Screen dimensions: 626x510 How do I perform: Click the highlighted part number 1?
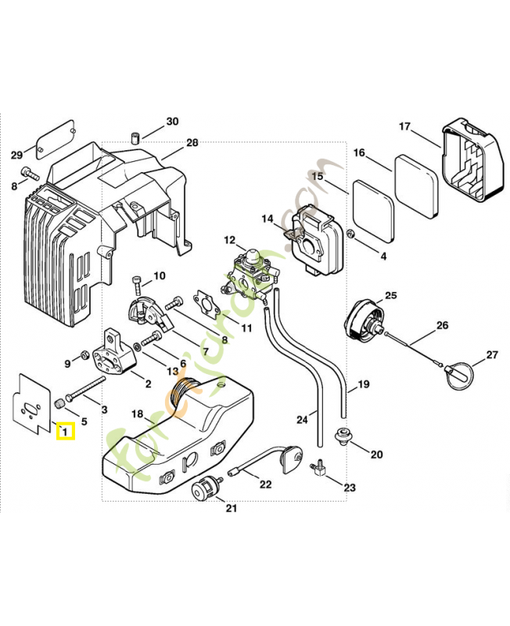[x=65, y=430]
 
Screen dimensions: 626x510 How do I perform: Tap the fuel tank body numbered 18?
[x=180, y=438]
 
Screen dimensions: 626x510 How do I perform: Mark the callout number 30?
[x=172, y=121]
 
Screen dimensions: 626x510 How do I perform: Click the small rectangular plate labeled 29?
[x=56, y=135]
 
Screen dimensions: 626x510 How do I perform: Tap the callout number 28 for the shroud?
[x=192, y=142]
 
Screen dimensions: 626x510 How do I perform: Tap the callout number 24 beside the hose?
[x=302, y=420]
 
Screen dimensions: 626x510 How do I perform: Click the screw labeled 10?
[x=138, y=280]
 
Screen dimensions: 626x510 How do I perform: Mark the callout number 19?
[x=363, y=384]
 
